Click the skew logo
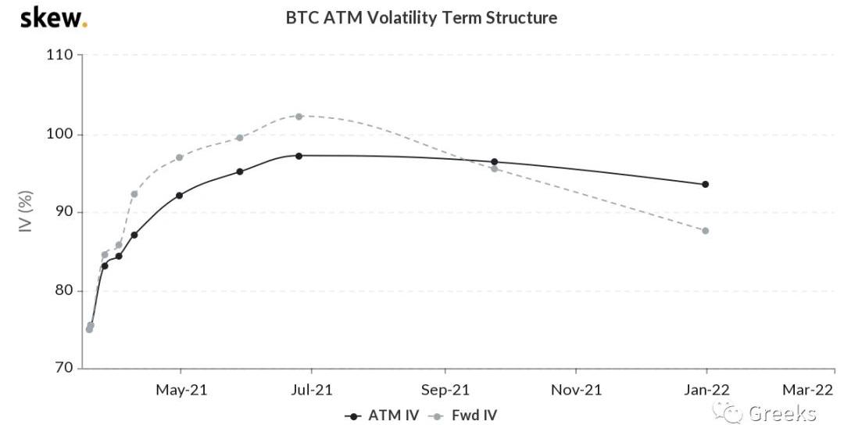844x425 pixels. tap(53, 17)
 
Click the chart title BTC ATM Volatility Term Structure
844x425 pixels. tap(422, 17)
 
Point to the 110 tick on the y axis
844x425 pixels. tap(59, 56)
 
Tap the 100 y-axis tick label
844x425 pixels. tap(59, 134)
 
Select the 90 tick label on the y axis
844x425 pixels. tap(63, 212)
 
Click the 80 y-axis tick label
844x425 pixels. tap(63, 290)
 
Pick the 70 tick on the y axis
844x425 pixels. tap(63, 368)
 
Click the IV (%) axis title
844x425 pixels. tap(26, 212)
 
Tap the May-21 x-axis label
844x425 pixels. tap(181, 389)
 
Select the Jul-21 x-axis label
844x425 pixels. tap(312, 389)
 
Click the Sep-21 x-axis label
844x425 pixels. tap(445, 389)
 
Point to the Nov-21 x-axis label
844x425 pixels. tap(576, 389)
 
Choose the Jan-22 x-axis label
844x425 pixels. tap(706, 389)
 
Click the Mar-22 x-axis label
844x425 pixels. tap(809, 389)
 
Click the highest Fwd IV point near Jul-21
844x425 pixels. tap(299, 116)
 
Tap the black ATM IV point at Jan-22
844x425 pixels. tap(706, 184)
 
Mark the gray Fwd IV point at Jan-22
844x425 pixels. tap(706, 230)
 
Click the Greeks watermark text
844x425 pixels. tap(781, 413)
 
